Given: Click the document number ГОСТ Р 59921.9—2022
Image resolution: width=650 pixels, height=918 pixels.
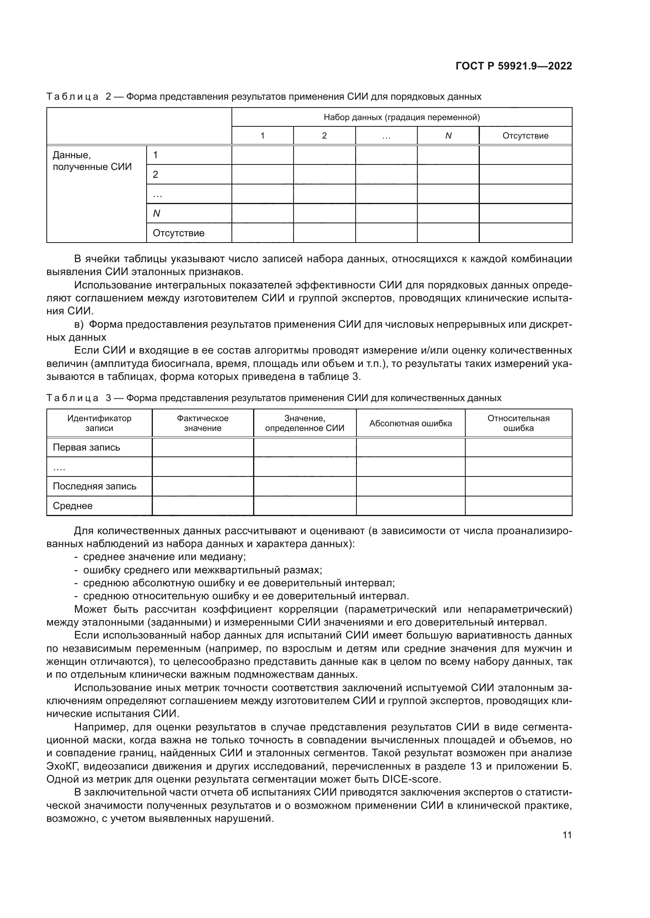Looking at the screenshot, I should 514,66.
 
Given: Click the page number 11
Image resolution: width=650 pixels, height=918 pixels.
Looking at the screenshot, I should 567,835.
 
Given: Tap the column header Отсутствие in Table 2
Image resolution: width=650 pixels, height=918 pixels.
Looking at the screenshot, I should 525,135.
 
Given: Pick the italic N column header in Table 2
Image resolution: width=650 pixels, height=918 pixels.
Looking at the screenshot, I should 448,135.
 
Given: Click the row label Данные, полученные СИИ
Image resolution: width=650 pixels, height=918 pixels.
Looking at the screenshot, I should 92,161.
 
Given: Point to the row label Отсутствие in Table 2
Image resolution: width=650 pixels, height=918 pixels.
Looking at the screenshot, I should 178,233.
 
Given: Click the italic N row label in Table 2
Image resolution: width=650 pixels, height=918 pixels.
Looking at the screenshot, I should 156,214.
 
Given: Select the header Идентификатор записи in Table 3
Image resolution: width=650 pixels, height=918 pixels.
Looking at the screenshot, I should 99,423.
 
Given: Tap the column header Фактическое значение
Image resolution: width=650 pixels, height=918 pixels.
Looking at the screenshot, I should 202,423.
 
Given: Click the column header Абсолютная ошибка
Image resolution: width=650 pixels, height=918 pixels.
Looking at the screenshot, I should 410,423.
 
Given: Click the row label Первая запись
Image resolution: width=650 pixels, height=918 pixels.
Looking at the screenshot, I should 86,447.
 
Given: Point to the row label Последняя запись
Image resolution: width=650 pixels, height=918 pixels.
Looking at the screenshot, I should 94,486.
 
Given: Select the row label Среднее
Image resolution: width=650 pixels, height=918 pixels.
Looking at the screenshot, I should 72,506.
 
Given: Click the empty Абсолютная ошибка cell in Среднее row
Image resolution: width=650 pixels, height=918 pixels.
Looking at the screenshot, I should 410,506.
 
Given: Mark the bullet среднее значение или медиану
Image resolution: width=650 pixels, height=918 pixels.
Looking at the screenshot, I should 164,557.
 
